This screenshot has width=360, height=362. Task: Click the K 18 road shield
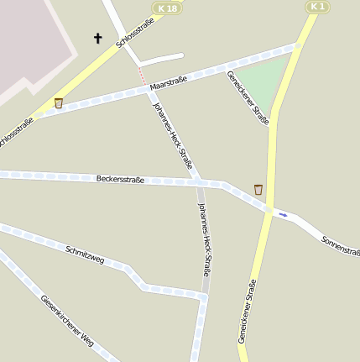pyautogui.click(x=167, y=8)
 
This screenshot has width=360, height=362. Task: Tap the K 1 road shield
pyautogui.click(x=316, y=7)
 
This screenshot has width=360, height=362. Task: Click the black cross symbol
pyautogui.click(x=97, y=38)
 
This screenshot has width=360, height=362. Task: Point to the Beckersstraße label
pyautogui.click(x=120, y=179)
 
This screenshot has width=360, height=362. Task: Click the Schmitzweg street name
pyautogui.click(x=85, y=254)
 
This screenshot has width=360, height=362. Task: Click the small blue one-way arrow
pyautogui.click(x=283, y=214)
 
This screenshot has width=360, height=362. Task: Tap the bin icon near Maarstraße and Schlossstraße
pyautogui.click(x=58, y=102)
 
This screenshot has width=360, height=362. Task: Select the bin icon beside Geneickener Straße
pyautogui.click(x=258, y=189)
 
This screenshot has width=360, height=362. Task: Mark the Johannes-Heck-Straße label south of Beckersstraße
pyautogui.click(x=204, y=239)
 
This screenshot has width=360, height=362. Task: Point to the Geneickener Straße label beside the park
pyautogui.click(x=248, y=97)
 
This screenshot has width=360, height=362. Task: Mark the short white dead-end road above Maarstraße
pyautogui.click(x=160, y=60)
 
